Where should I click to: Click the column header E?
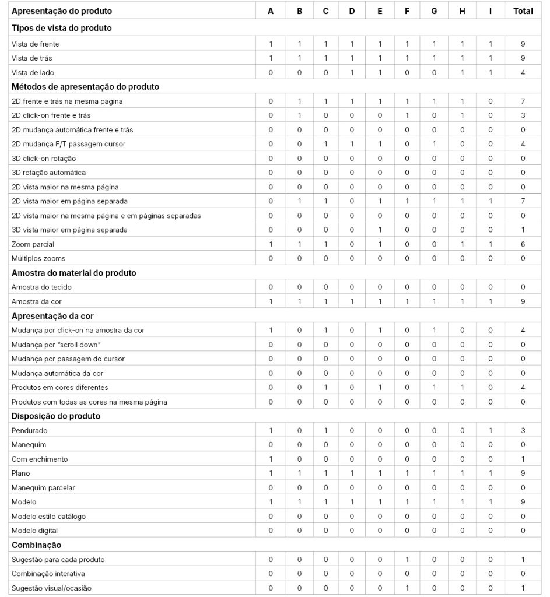(x=380, y=11)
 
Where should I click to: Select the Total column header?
(x=523, y=11)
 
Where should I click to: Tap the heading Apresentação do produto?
(x=62, y=11)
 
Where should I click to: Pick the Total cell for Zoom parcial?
(x=523, y=244)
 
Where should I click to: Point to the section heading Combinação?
(x=36, y=545)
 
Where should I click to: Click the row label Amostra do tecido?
(x=41, y=287)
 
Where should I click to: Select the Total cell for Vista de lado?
(x=523, y=73)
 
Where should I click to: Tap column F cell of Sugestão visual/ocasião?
(x=407, y=588)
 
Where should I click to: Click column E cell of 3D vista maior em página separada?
(x=380, y=230)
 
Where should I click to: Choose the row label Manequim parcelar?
(x=43, y=487)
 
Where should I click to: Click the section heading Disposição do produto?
(x=56, y=416)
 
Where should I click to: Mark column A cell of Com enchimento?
(x=271, y=459)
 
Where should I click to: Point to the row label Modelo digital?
(x=34, y=531)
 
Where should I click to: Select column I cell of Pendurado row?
(x=491, y=430)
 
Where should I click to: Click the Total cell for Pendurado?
(x=523, y=430)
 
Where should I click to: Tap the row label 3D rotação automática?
(x=48, y=173)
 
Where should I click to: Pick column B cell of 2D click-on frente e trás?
(x=299, y=115)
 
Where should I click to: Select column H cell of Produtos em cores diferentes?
(x=463, y=388)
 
